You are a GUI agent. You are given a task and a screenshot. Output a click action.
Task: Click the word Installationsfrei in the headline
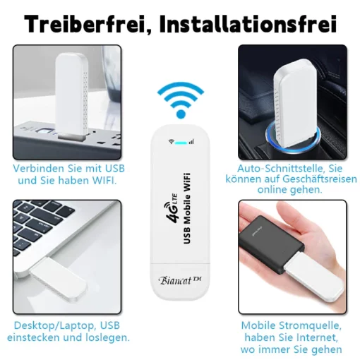[248, 24]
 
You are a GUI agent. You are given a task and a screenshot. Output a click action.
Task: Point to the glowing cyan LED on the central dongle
[181, 143]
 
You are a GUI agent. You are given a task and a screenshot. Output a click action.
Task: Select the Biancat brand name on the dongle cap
[181, 280]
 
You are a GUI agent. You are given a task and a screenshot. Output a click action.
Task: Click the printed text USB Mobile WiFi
[186, 208]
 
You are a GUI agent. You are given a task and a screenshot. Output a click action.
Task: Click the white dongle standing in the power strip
[71, 97]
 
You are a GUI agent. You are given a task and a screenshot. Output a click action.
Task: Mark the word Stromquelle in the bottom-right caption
[310, 325]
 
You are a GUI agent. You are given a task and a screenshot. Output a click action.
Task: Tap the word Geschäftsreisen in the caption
[320, 179]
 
